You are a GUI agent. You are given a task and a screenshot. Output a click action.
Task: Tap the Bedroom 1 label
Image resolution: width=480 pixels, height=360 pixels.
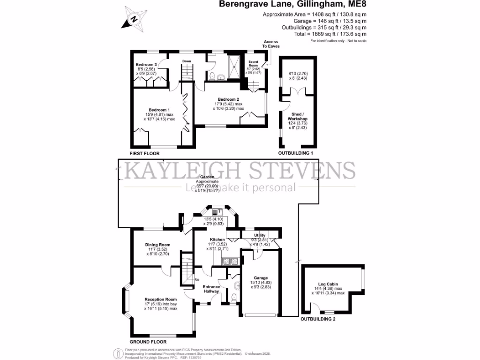point(158,110)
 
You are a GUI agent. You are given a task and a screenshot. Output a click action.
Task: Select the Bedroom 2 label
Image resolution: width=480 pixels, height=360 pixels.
point(228,99)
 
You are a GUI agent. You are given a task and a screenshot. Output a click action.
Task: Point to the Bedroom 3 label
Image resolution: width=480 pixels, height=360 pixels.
point(146,64)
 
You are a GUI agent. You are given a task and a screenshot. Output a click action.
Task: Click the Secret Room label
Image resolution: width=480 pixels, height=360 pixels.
point(254,63)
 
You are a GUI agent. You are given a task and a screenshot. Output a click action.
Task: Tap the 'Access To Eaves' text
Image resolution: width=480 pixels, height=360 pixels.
point(271,44)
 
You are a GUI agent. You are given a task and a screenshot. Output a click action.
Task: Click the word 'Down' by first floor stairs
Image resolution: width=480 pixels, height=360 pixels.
point(187,61)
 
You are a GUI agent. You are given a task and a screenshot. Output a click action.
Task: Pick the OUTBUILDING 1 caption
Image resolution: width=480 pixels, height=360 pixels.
point(295,153)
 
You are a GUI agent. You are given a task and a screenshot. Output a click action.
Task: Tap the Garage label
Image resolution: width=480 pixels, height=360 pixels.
point(260,277)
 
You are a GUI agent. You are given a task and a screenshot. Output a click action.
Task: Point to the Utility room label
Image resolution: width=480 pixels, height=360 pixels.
point(260,235)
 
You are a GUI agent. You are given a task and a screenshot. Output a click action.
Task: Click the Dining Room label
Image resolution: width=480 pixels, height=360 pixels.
point(157,245)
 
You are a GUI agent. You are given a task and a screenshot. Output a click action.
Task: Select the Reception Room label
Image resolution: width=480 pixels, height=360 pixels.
point(161,299)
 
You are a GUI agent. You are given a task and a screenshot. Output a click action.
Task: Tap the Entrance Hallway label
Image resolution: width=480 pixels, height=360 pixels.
point(211,289)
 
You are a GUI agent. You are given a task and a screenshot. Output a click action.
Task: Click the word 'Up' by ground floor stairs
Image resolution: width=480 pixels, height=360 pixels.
point(197,280)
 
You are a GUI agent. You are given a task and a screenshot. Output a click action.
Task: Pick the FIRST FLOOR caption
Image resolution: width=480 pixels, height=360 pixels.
point(144,153)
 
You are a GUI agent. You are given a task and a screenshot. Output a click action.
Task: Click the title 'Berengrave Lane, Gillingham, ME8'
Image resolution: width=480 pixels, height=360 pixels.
point(293,5)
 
